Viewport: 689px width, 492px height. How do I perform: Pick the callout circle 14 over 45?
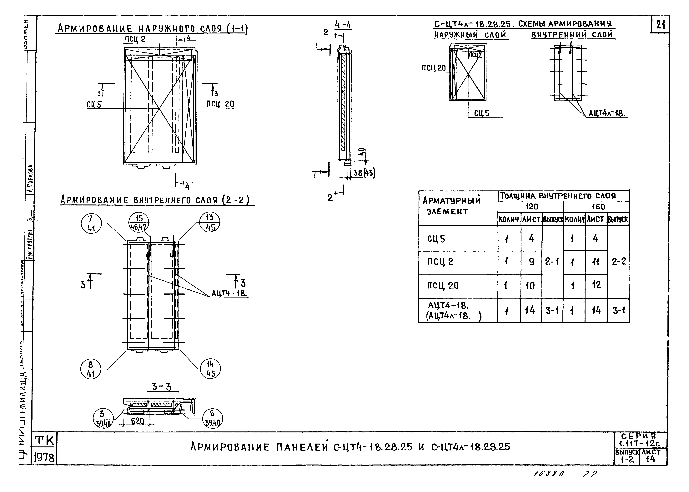pyautogui.click(x=210, y=369)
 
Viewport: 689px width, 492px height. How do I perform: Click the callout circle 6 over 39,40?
pyautogui.click(x=212, y=418)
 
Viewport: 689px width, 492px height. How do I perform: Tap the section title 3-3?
pyautogui.click(x=162, y=387)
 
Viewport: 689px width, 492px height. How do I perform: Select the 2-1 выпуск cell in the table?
pyautogui.click(x=552, y=261)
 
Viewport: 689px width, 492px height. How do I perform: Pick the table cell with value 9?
pyautogui.click(x=531, y=262)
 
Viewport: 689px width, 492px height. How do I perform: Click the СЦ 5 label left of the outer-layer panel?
pyautogui.click(x=94, y=104)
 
